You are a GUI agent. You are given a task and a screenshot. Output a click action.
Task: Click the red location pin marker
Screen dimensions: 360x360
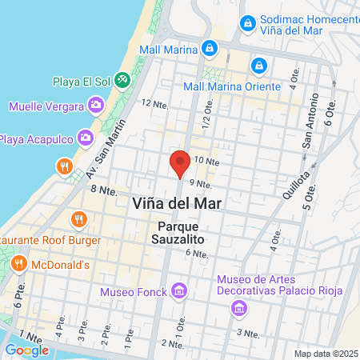tap(180, 163)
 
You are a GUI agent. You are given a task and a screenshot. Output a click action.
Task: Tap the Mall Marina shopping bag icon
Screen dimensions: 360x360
tap(209, 48)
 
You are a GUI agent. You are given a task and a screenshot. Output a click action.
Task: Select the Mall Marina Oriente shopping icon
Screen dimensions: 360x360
tap(258, 65)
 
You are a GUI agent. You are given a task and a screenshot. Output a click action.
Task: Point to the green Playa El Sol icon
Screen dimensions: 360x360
tap(122, 80)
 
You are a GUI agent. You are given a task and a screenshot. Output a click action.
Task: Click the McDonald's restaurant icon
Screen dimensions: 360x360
tap(19, 263)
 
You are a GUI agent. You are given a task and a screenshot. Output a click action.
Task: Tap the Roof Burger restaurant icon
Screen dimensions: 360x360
tap(78, 218)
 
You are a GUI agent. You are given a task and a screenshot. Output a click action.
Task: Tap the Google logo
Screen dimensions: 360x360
tap(26, 350)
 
